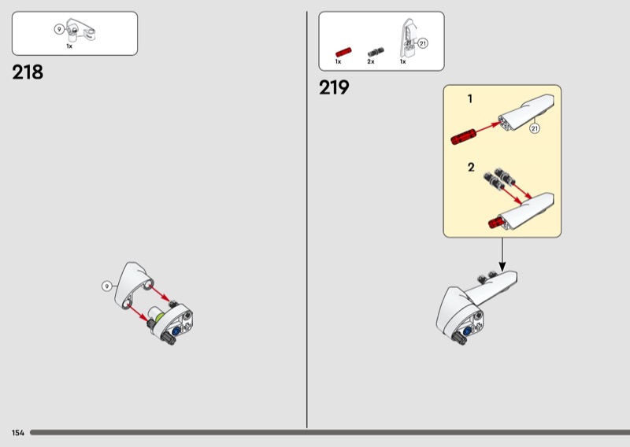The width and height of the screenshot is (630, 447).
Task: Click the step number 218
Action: coord(28,72)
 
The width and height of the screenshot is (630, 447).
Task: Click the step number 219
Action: coord(334,87)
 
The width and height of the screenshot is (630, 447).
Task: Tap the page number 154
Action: coord(18,433)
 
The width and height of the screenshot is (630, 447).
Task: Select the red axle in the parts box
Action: coord(343,52)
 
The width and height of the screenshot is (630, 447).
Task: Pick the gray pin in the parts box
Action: coord(376,52)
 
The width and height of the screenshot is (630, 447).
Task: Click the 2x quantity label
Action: coord(370,61)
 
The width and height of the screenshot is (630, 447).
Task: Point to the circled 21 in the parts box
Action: coord(423,43)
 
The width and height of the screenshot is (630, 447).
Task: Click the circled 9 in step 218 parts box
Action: coord(59,29)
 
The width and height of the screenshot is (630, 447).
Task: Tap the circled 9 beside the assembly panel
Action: coord(106,286)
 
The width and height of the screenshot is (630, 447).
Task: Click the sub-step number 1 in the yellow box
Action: coord(470,98)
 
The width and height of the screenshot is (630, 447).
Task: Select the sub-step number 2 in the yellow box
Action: coord(471,167)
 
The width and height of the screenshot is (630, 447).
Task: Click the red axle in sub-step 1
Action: coord(463,137)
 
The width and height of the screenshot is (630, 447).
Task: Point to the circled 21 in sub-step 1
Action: coord(535,128)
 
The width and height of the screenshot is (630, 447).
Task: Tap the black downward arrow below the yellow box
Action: coord(502,255)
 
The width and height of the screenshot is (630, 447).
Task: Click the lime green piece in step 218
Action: coord(160,317)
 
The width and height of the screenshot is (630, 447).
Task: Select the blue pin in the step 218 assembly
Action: coord(176,331)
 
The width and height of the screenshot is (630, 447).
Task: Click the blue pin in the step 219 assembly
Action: coord(467,331)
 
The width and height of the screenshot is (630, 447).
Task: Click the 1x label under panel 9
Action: coord(69,46)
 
